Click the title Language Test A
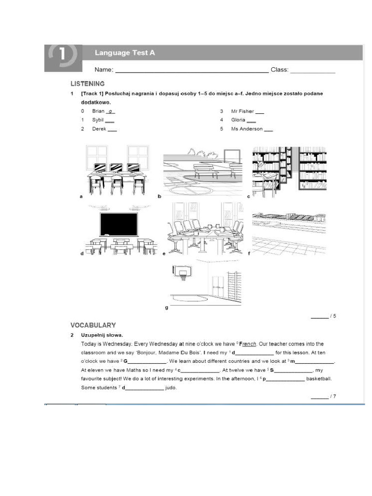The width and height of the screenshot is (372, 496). point(124,53)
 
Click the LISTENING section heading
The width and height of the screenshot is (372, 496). point(88,83)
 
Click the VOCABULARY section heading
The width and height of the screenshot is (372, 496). point(93,325)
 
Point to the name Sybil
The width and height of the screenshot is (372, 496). point(98,120)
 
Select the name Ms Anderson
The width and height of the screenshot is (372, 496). point(247,129)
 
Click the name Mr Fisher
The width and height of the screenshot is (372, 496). point(243,111)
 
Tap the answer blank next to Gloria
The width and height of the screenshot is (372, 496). point(251,120)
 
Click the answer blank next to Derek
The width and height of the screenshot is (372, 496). point(112,129)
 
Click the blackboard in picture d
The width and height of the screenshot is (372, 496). point(119,224)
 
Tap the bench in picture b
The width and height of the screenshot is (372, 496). point(206,169)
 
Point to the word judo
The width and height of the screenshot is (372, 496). point(171,387)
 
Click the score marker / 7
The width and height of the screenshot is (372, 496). point(332,396)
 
